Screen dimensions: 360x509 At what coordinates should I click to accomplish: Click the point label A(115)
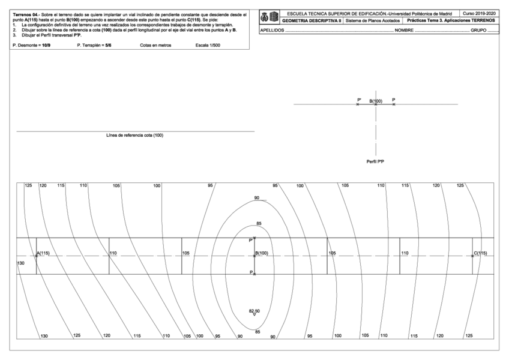point(43,253)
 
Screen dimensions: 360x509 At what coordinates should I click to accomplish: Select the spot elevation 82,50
point(254,311)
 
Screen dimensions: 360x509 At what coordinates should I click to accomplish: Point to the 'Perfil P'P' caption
point(375,161)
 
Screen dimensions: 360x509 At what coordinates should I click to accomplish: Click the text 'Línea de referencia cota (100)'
point(134,136)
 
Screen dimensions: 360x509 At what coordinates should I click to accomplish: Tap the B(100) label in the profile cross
point(376,101)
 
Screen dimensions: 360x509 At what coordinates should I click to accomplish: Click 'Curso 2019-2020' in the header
point(480,13)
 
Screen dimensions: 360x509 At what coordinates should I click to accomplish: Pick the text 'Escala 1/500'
point(208,46)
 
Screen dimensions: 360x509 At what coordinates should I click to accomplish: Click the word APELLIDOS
point(271,29)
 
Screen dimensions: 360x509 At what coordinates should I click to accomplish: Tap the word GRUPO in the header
point(478,29)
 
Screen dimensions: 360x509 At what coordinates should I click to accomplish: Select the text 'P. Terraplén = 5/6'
point(94,46)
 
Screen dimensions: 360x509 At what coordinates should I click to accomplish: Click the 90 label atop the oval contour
point(256,198)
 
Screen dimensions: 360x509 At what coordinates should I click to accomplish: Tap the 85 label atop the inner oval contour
point(259,224)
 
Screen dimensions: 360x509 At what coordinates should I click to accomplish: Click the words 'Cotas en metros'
point(154,46)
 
